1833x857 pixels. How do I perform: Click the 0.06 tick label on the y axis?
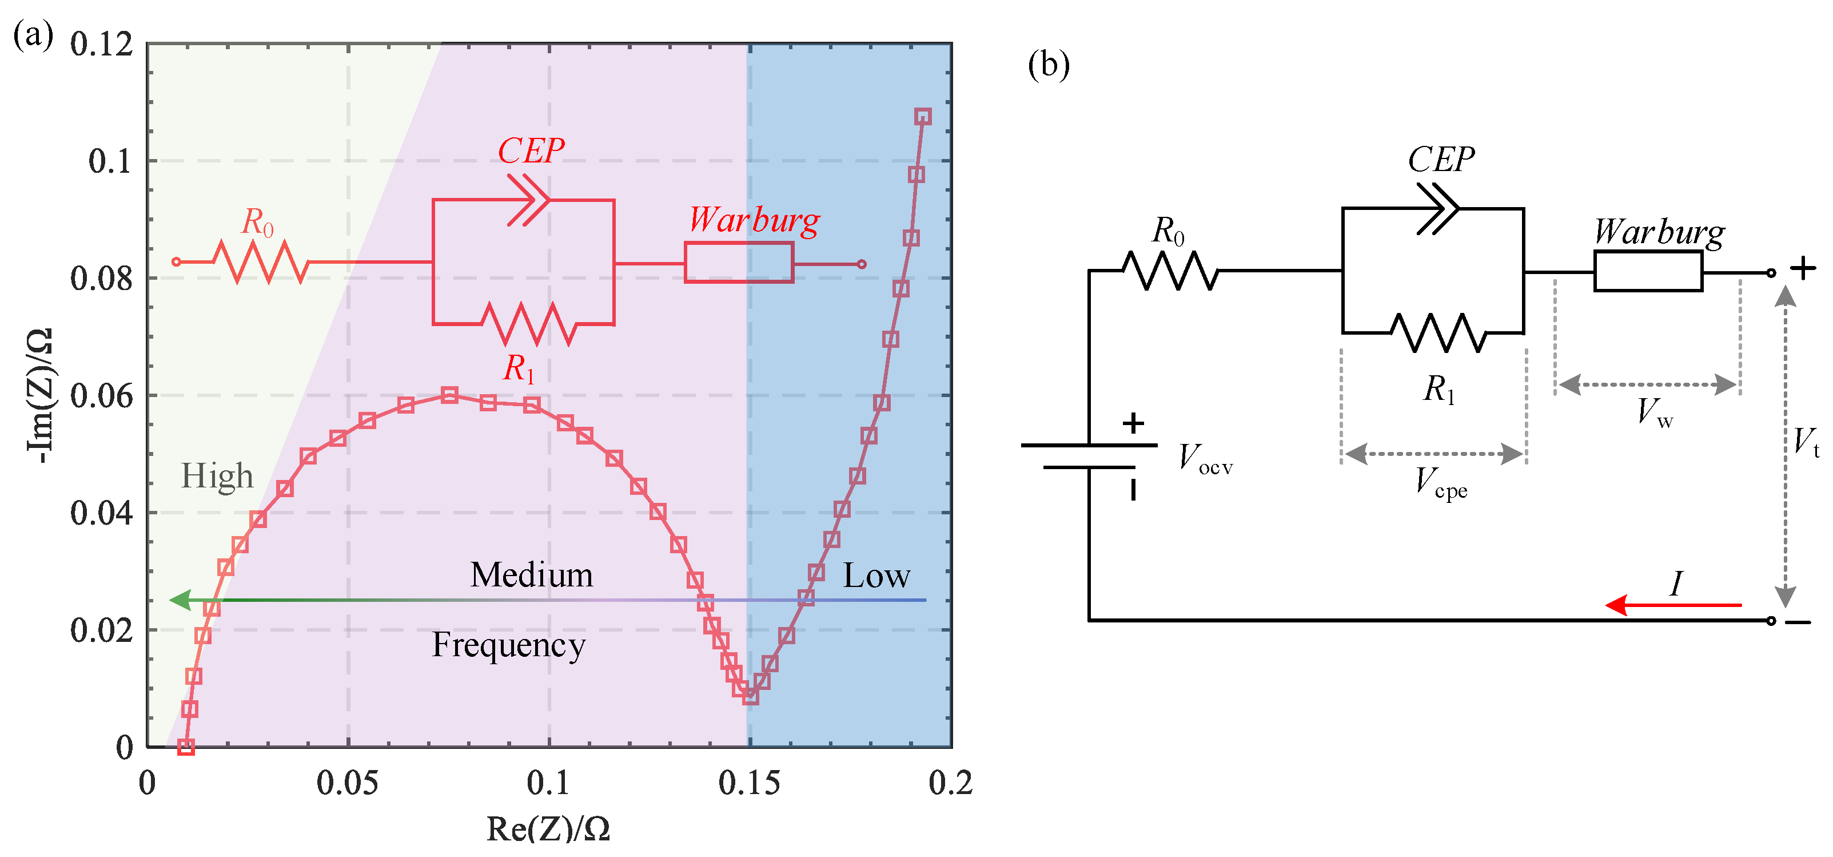click(101, 396)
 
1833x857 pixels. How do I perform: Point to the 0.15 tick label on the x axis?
click(748, 783)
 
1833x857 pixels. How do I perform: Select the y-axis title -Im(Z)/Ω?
click(39, 396)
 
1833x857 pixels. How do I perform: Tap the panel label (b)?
click(1048, 65)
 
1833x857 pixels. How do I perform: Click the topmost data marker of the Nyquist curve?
click(923, 117)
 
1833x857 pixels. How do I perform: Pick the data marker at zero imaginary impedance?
click(186, 747)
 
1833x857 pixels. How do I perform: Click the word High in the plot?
click(217, 475)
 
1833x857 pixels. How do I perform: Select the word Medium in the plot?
click(532, 574)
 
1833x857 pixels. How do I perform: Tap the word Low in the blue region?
click(876, 575)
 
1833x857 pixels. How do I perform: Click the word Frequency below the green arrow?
click(509, 645)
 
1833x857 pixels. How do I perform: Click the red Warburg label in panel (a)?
click(754, 220)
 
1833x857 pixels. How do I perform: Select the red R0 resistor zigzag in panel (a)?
click(261, 262)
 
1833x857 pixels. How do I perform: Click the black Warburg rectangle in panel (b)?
click(1648, 272)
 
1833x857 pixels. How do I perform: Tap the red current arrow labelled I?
click(1672, 605)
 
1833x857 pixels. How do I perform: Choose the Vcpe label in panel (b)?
click(1440, 483)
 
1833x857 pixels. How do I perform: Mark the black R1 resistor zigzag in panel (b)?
click(1437, 332)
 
